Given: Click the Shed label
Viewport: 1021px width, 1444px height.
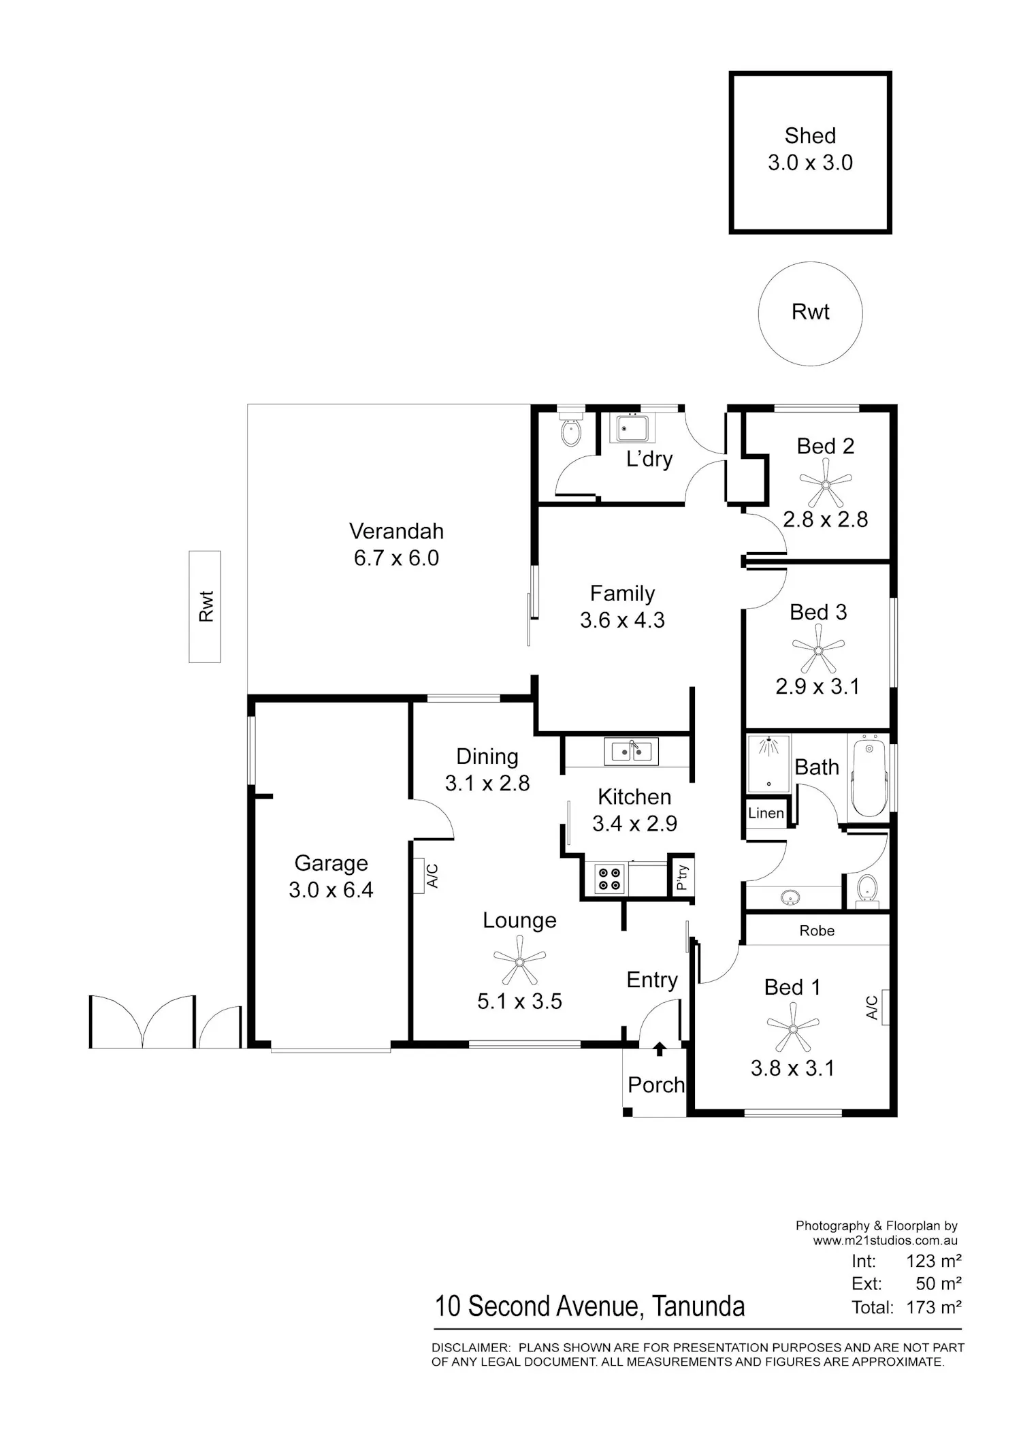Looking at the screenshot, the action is (810, 135).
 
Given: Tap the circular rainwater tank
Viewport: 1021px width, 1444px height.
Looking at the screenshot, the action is (810, 313).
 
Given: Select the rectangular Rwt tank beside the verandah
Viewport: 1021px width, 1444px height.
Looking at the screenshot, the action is (205, 607).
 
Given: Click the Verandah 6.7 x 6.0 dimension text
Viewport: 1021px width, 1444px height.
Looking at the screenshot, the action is (396, 558).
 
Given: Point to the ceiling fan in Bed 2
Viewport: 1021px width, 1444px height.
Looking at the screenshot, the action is (826, 484).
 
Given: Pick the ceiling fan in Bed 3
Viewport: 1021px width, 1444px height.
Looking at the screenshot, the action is (818, 649).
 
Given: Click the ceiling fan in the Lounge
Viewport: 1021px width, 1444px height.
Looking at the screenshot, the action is (519, 961).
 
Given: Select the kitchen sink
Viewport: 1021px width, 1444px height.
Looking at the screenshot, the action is (631, 752).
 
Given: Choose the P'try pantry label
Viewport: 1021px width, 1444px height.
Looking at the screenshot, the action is (682, 878).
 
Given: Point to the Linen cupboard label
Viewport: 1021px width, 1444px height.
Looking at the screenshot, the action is (766, 813).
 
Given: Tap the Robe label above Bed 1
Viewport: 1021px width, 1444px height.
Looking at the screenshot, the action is (817, 931).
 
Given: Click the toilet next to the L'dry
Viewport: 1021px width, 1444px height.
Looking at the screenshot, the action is (570, 429).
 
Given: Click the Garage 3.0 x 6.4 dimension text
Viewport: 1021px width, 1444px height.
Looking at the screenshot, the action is (331, 890).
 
